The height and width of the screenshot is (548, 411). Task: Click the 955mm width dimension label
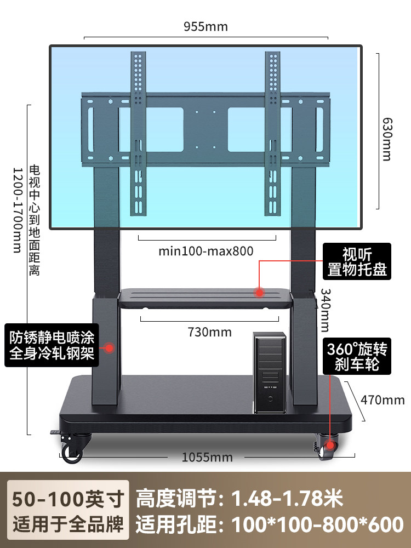click(x=206, y=26)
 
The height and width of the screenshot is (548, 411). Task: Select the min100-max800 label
click(x=206, y=252)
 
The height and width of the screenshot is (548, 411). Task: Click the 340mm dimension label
click(x=326, y=310)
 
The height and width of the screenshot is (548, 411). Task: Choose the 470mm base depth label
click(x=383, y=399)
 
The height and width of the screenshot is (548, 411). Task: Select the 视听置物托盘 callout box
click(x=357, y=262)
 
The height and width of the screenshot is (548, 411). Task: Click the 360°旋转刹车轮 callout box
click(x=357, y=356)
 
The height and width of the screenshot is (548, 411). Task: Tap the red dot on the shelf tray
click(x=259, y=293)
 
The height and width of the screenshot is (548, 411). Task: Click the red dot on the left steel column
click(x=110, y=347)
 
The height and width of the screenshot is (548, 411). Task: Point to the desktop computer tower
click(x=269, y=372)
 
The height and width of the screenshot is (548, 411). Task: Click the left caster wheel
click(x=71, y=450)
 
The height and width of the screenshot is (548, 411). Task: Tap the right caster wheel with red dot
click(x=329, y=447)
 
